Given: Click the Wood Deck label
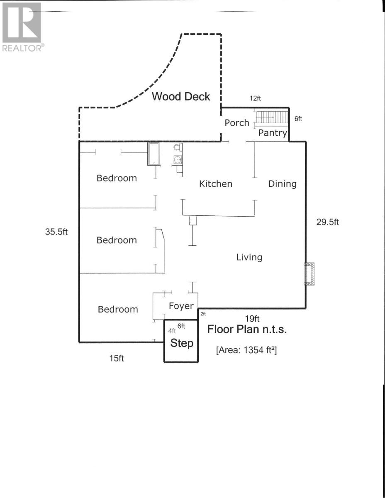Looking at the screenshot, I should point(181,97).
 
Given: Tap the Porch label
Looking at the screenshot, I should point(237,123).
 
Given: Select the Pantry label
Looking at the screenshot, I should point(273,133).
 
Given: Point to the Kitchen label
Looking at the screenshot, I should point(216,183).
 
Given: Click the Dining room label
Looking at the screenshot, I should point(282,183).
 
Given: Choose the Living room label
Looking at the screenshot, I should point(249,257).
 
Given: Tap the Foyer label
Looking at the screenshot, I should point(181,306).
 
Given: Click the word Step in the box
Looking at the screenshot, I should point(182,343).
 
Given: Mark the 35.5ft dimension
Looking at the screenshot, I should point(56,232).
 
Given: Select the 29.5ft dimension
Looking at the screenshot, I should point(328,222).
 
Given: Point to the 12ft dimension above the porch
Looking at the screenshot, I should point(256,98).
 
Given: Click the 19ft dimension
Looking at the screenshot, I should point(252,319).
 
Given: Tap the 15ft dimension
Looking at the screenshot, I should point(117,358).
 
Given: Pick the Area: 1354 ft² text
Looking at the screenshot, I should point(246,350).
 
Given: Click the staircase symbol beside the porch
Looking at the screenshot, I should point(272,117).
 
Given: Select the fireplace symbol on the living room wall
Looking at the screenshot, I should point(310,274).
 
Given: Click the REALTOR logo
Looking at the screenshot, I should point(22,27).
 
